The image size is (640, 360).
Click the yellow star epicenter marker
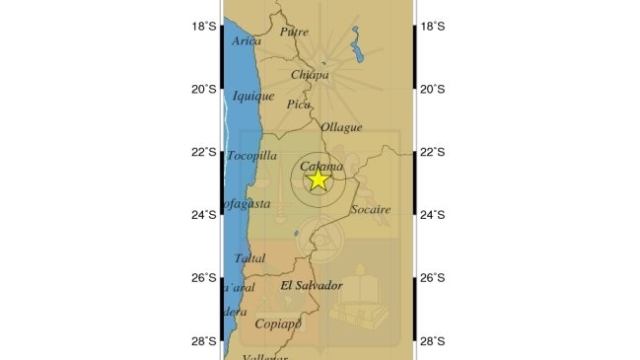click(318, 180)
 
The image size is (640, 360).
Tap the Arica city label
click(248, 41)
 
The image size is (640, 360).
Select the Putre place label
click(294, 32)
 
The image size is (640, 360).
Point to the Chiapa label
click(310, 75)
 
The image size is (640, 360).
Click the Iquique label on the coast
click(252, 96)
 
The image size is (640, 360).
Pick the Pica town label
click(298, 104)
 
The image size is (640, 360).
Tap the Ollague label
click(341, 127)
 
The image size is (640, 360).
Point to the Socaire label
click(371, 209)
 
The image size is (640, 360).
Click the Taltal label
click(250, 258)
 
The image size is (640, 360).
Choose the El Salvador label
click(312, 285)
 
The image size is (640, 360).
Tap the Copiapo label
click(275, 324)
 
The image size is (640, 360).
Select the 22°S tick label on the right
click(433, 152)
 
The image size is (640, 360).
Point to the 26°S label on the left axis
click(204, 278)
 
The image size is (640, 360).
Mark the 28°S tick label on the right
click(433, 341)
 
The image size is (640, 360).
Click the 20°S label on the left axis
click(204, 89)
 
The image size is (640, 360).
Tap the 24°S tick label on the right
click(433, 215)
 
